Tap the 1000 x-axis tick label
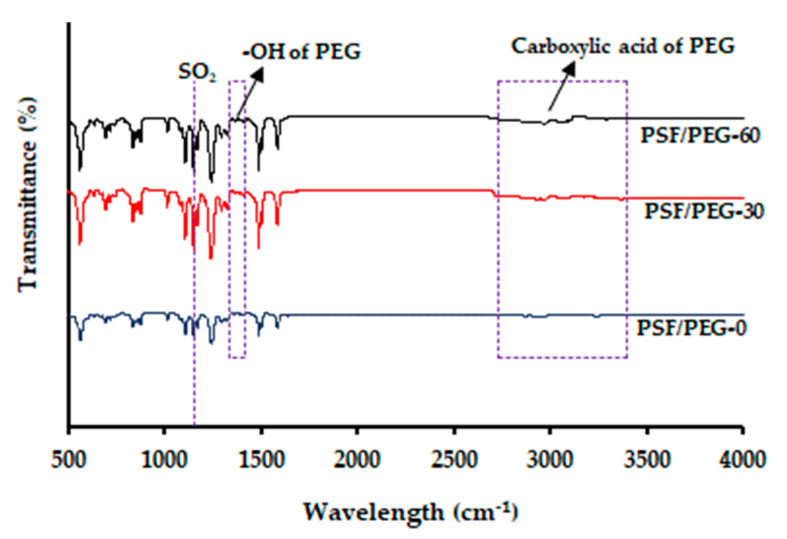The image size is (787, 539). (x=165, y=460)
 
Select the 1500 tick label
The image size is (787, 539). (x=261, y=460)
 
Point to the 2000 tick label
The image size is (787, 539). (x=357, y=460)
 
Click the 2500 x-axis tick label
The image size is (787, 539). (x=454, y=460)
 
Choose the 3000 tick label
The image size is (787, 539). (x=550, y=460)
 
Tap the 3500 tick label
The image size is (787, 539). (x=647, y=460)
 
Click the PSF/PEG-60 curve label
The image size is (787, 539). (x=700, y=135)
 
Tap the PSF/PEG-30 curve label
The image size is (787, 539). (x=703, y=211)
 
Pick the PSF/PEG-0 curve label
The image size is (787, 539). (x=691, y=328)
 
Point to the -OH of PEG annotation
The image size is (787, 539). (x=301, y=52)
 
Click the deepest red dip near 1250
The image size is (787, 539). (x=211, y=258)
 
